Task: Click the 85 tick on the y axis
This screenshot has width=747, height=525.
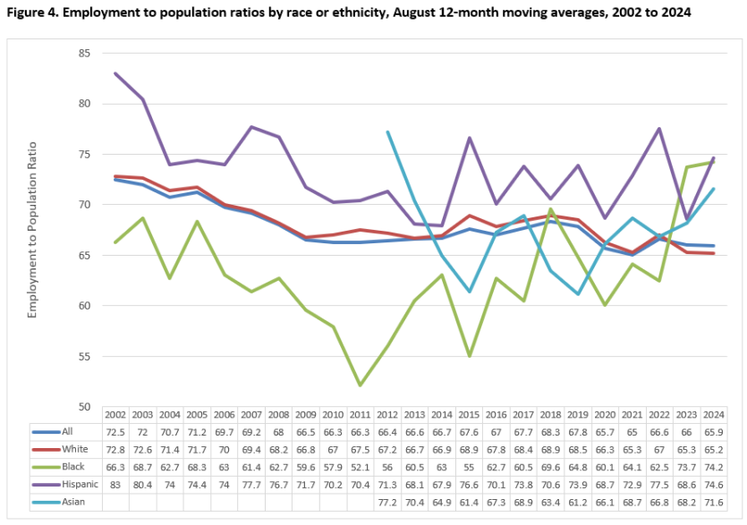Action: point(85,54)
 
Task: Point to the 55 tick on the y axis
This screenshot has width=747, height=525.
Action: point(85,357)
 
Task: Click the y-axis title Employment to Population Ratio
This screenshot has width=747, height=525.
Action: point(34,229)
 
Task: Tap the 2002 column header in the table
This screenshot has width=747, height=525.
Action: point(115,415)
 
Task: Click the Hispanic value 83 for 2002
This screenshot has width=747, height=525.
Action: point(115,484)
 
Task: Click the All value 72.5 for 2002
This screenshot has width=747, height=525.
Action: point(115,432)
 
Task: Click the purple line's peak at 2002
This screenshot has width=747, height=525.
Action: point(115,73)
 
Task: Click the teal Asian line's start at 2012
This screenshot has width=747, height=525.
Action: point(387,132)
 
